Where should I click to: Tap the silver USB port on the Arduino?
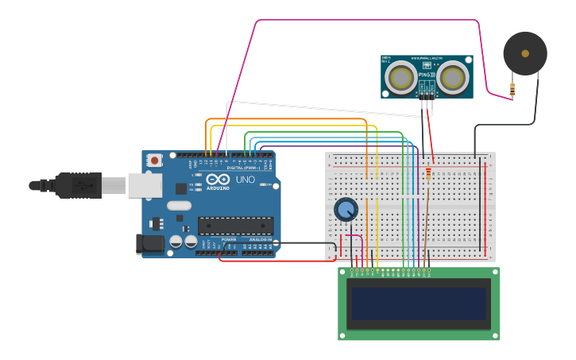tap(145, 185)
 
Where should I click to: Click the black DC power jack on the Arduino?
tap(149, 244)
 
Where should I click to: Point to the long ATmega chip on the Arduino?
tap(235, 226)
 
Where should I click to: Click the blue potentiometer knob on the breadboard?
tap(346, 209)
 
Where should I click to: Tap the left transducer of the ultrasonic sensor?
tap(400, 77)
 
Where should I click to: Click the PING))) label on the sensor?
tap(427, 75)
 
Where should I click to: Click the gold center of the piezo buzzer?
tap(525, 53)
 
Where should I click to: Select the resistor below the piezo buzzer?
tap(512, 90)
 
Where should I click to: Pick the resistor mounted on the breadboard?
tap(430, 173)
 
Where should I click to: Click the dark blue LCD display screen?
tap(419, 304)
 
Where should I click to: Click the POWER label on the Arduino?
tap(229, 239)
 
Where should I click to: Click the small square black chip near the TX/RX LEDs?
tap(181, 188)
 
